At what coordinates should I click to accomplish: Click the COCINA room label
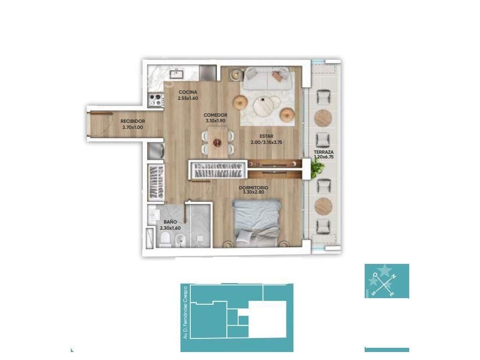(187, 92)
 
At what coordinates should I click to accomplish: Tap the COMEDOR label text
(216, 115)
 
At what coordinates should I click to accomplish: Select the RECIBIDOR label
(133, 121)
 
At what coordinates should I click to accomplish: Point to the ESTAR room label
(266, 136)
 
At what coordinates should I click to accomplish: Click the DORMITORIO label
(254, 187)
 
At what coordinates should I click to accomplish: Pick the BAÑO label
(170, 222)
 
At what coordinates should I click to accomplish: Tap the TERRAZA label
(323, 152)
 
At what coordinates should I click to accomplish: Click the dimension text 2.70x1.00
(133, 127)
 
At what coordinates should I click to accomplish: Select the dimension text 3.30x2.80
(254, 192)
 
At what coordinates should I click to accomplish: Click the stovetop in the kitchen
(155, 100)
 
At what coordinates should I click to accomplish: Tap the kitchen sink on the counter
(177, 74)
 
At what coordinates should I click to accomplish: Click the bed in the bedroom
(257, 223)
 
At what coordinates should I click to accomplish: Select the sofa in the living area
(267, 78)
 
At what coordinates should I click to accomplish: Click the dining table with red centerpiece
(217, 142)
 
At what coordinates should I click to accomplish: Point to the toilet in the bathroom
(165, 240)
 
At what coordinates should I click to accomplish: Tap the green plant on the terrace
(317, 168)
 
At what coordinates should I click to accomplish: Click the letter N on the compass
(394, 277)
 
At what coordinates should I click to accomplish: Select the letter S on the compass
(373, 293)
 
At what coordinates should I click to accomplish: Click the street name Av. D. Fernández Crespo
(185, 312)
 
